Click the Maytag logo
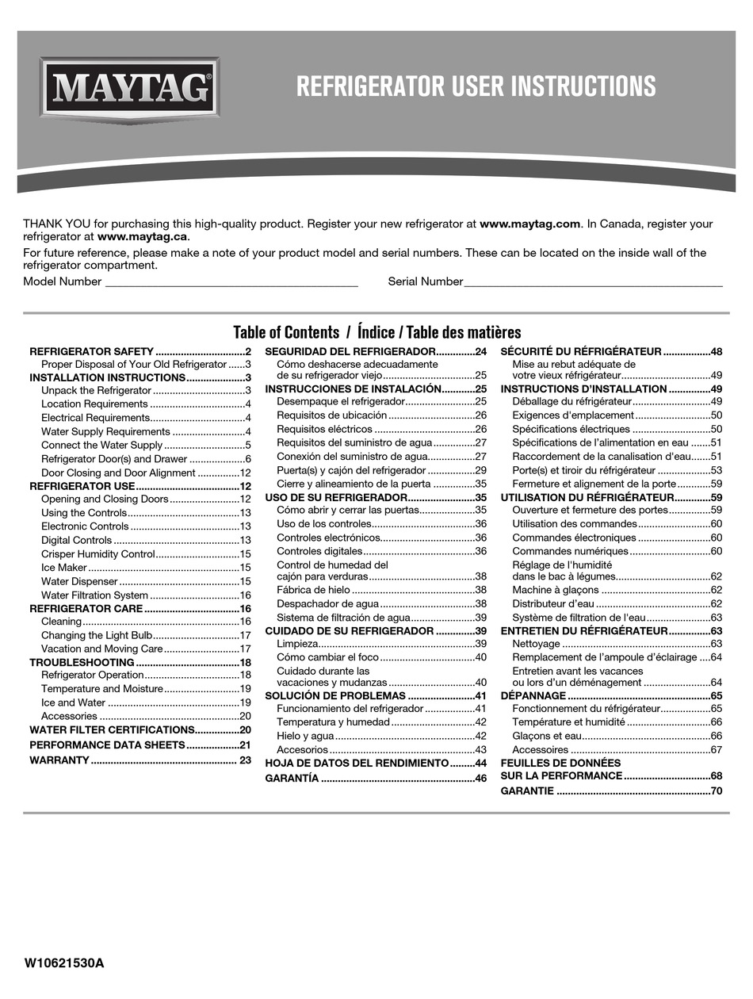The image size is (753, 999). point(129,88)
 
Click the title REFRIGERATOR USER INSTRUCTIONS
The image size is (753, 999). point(476,86)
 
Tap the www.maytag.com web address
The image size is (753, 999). point(530,224)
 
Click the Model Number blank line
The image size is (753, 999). point(231,282)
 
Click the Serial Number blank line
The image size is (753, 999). point(593,282)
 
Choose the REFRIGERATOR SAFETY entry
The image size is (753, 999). point(91,351)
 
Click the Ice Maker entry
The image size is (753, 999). point(64,568)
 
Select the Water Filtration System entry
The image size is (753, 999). point(94,595)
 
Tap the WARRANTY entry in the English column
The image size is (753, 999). point(59,760)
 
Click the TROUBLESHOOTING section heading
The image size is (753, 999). point(82,662)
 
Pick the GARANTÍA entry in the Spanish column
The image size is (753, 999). point(292,779)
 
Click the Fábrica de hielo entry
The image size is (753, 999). point(312,590)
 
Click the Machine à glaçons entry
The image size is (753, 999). point(555,590)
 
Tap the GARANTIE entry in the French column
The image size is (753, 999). point(527,791)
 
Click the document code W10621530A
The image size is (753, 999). point(64,964)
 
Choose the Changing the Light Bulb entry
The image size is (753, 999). point(96,635)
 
